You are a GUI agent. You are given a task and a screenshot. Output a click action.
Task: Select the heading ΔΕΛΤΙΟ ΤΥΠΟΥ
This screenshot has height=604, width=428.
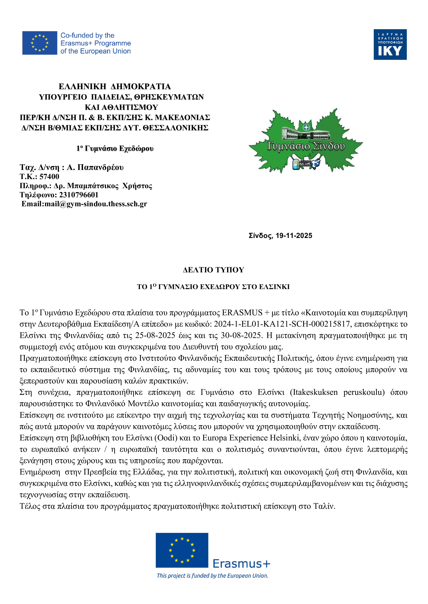click(213, 270)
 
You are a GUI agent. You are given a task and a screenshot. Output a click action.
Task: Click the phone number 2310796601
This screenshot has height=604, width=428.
click(79, 195)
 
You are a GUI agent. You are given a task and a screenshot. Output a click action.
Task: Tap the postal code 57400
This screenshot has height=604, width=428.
click(49, 176)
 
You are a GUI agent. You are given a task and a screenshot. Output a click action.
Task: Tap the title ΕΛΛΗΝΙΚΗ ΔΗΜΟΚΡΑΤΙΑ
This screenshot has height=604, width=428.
click(115, 87)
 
